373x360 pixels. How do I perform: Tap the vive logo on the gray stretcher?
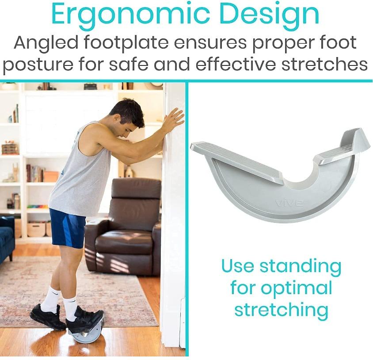289,203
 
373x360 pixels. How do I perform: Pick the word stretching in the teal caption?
281,310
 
